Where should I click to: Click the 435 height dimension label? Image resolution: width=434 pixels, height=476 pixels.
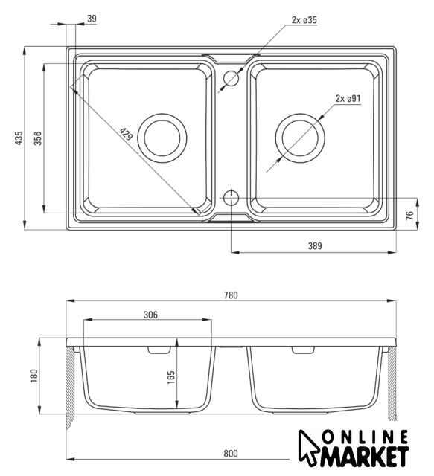click(19, 138)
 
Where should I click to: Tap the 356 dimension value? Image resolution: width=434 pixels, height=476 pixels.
click(38, 138)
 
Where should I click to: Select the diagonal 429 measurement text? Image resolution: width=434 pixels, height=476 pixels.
click(127, 134)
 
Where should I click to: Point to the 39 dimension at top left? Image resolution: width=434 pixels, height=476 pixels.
click(92, 19)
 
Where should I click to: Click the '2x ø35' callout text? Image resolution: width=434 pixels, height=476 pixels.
click(304, 20)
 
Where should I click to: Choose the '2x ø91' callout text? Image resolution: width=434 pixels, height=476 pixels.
click(348, 99)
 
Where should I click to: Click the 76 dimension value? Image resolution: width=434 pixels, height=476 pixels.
click(410, 215)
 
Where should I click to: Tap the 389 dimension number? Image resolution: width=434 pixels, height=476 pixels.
click(315, 246)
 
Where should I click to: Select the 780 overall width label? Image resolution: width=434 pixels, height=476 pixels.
click(231, 295)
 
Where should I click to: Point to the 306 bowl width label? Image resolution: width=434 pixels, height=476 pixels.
click(150, 315)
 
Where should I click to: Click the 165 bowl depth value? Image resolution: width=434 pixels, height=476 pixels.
click(171, 377)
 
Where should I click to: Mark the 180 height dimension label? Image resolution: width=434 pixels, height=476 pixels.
click(34, 376)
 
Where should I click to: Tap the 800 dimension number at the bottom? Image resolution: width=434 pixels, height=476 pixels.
click(231, 454)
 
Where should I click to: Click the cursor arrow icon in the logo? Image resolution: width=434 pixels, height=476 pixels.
click(307, 447)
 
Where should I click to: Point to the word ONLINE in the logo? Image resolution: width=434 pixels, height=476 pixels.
click(365, 437)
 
